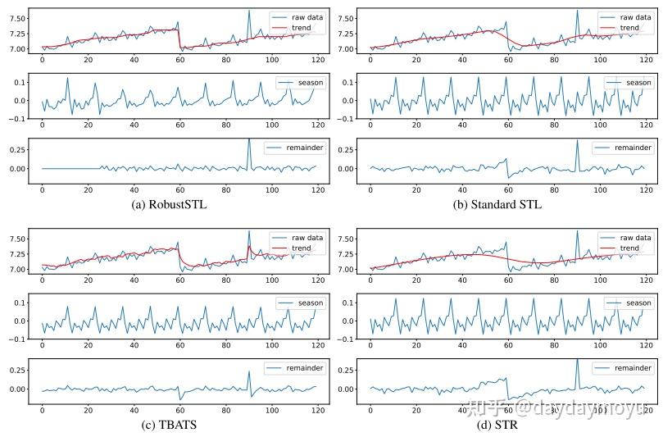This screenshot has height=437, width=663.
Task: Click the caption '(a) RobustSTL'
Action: (169, 204)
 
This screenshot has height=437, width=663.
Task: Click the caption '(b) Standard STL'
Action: (497, 204)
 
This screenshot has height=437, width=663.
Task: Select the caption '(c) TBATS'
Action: (169, 425)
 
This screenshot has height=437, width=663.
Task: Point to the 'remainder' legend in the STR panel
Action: (631, 368)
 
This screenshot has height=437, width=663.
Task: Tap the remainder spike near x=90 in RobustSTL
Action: (249, 140)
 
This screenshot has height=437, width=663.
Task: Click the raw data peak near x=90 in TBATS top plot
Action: (249, 231)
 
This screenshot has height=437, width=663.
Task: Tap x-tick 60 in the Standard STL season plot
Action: (508, 126)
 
